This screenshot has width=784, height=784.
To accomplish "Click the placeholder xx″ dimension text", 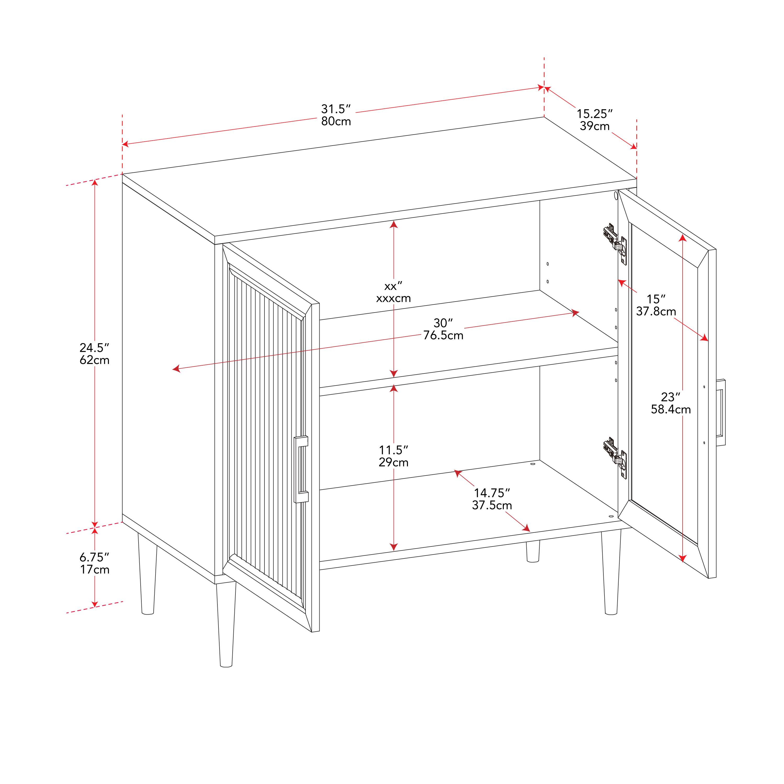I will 393,286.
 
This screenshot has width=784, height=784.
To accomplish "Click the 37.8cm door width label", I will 655,312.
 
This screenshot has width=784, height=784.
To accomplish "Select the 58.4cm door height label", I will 670,410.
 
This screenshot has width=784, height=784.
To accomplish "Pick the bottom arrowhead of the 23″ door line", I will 683,558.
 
